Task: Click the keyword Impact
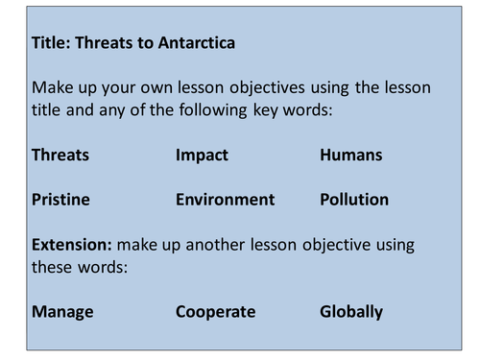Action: [x=202, y=155]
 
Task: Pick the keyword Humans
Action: [x=351, y=155]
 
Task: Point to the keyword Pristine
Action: [x=60, y=200]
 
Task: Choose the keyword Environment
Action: [x=225, y=200]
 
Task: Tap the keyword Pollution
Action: [x=354, y=200]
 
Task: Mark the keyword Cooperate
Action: [x=215, y=311]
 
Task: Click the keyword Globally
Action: [x=351, y=311]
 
